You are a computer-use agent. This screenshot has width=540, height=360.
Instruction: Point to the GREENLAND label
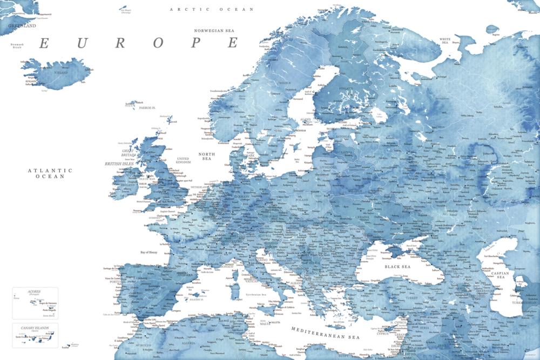[x=22, y=25]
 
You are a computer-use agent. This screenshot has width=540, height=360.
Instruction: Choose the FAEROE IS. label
[x=147, y=107]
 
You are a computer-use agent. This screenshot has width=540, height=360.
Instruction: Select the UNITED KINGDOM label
[x=184, y=160]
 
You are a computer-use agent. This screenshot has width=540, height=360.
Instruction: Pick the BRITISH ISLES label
[x=119, y=163]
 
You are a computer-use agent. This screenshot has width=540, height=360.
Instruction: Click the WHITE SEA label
[x=445, y=41]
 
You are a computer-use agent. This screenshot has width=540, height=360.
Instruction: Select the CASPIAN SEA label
[x=499, y=275]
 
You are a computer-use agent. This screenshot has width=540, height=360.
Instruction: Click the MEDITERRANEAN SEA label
[x=325, y=333]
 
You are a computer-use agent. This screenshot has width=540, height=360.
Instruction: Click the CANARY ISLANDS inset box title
[x=35, y=328]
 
